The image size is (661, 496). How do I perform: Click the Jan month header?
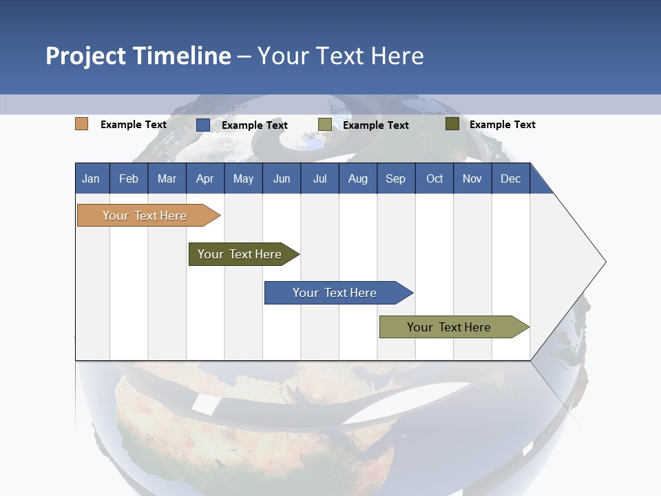[91, 178]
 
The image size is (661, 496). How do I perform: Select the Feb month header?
[129, 178]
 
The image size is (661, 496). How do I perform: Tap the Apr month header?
[204, 178]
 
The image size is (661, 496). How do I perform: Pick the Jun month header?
[282, 178]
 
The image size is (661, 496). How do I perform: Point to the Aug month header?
[357, 178]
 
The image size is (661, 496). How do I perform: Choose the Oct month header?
[434, 178]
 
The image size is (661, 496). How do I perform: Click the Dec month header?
[511, 178]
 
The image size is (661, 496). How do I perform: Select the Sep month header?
[395, 178]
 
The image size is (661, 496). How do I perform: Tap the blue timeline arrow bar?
[335, 293]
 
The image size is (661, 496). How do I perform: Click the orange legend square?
[81, 124]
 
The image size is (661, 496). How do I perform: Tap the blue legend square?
[203, 125]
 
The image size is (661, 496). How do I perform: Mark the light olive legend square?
[325, 125]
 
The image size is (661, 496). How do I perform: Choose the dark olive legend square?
[452, 124]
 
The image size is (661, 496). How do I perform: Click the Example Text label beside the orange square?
[134, 125]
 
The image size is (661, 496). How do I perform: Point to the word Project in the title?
[85, 56]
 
